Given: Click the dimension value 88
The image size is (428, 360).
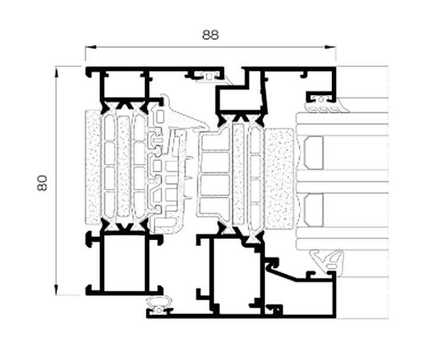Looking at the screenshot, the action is click(210, 35).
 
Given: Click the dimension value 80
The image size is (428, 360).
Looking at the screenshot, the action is click(42, 183).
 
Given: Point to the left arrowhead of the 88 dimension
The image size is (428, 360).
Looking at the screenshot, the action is click(91, 47).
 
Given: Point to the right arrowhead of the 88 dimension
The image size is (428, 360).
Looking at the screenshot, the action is click(331, 47).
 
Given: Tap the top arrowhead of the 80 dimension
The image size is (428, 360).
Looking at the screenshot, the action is click(56, 72).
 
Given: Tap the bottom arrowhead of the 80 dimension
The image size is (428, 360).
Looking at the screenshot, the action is click(56, 289).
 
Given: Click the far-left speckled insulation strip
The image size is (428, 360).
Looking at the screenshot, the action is click(93, 167).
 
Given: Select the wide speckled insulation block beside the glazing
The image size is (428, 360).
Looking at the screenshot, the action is click(281, 179).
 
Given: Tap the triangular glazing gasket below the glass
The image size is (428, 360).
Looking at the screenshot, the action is click(327, 260).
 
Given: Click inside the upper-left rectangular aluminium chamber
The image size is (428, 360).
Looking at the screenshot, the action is click(124, 84).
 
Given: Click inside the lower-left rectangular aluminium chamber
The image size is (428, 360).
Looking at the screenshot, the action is click(124, 263).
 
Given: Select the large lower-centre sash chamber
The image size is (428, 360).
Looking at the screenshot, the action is click(235, 276).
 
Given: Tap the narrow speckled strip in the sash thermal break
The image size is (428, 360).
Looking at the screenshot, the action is click(239, 174).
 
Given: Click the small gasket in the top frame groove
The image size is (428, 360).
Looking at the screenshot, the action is click(208, 77).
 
